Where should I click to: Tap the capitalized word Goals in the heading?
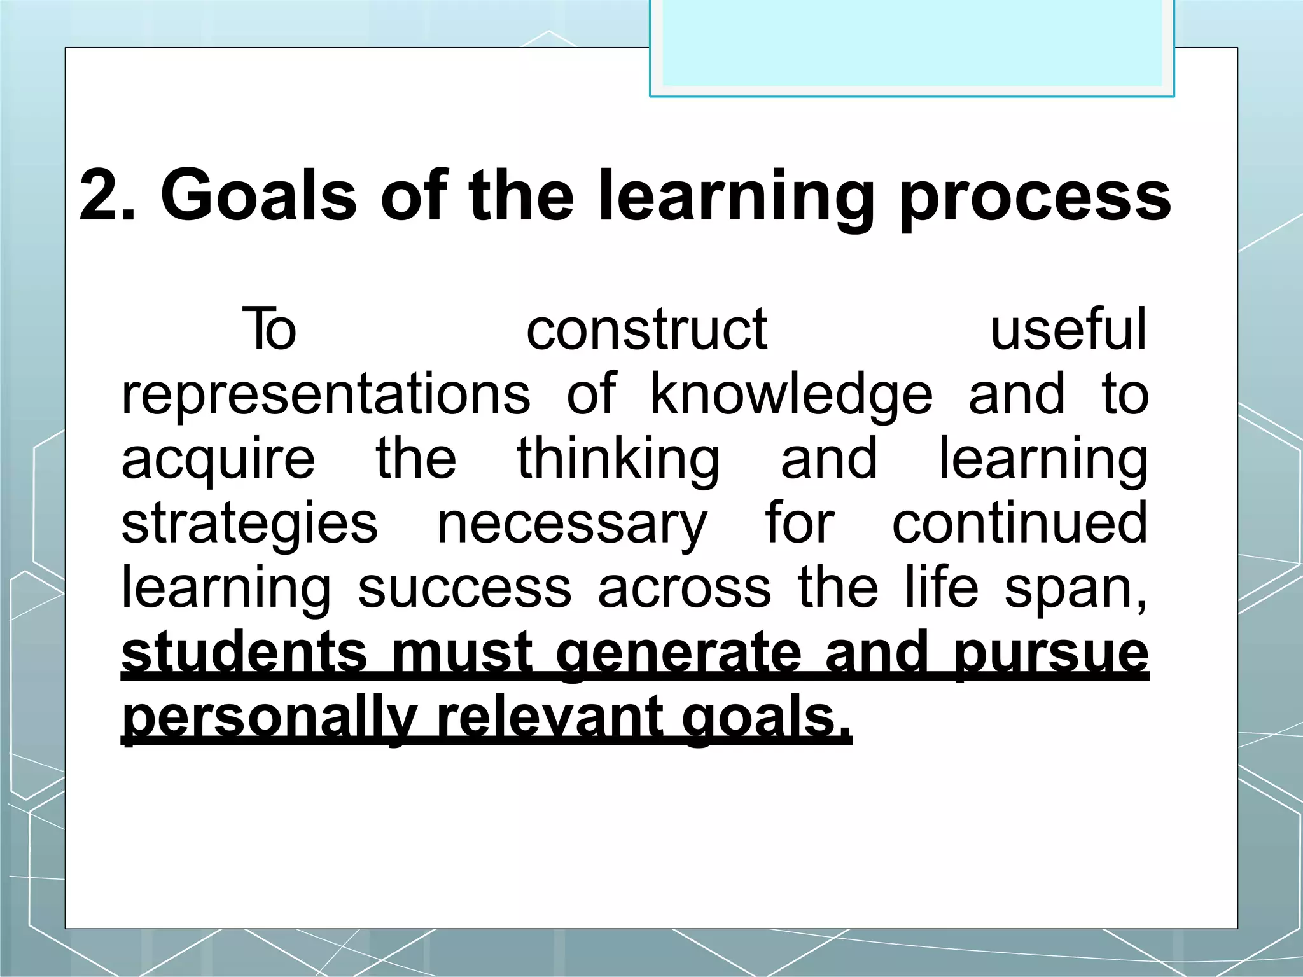click(x=258, y=195)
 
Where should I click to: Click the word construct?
click(x=646, y=329)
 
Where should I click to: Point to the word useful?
click(x=1068, y=329)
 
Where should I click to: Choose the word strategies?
click(x=249, y=525)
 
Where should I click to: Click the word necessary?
click(x=571, y=525)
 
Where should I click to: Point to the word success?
click(x=464, y=588)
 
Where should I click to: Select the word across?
click(x=684, y=588)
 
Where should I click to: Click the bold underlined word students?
click(x=244, y=653)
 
